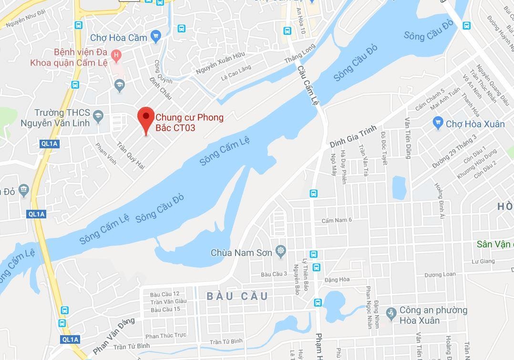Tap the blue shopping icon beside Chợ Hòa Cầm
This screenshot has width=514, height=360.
click(155, 36)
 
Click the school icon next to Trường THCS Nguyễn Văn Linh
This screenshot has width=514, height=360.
click(98, 116)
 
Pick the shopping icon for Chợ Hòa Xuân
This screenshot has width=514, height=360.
click(438, 123)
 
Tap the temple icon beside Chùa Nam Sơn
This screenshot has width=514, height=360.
click(281, 251)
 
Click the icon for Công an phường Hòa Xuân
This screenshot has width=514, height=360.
click(391, 314)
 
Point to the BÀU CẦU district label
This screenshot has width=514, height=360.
click(237, 297)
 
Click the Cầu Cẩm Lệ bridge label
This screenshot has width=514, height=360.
click(308, 86)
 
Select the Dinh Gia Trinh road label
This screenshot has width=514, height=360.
click(353, 136)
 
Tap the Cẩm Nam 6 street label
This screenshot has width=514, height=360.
click(337, 220)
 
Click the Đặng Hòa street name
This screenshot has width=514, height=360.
click(337, 279)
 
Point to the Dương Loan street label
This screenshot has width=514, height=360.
click(440, 275)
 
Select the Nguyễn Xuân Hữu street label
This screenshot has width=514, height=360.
click(220, 63)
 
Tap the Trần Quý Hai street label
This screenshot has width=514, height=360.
click(131, 155)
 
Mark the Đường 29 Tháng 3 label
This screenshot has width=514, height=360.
click(454, 151)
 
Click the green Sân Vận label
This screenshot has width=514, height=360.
click(495, 244)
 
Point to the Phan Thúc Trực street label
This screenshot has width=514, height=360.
click(166, 336)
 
